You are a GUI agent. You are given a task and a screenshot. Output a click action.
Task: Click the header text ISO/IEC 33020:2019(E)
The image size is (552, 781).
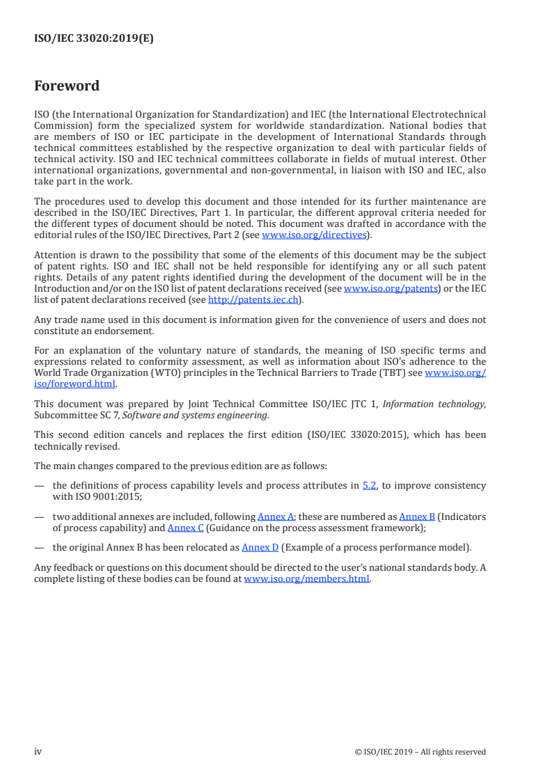[x=94, y=39]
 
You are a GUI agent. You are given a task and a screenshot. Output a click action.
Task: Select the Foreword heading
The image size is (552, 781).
[x=67, y=86]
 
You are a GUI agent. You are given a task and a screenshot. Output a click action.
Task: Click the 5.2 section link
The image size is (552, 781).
[x=370, y=485]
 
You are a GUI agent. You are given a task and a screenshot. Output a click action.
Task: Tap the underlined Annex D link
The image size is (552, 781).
[x=260, y=547]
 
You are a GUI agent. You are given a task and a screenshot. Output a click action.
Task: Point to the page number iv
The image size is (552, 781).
[x=38, y=752]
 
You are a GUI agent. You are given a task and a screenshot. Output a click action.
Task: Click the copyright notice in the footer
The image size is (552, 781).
[x=420, y=752]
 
